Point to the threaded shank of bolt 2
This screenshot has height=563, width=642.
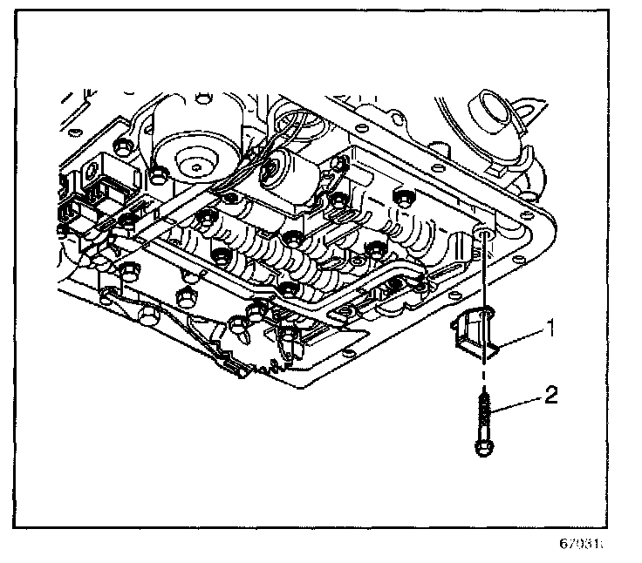[x=482, y=413]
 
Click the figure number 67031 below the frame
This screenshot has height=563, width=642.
[x=582, y=545]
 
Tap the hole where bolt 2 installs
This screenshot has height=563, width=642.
[x=483, y=233]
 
